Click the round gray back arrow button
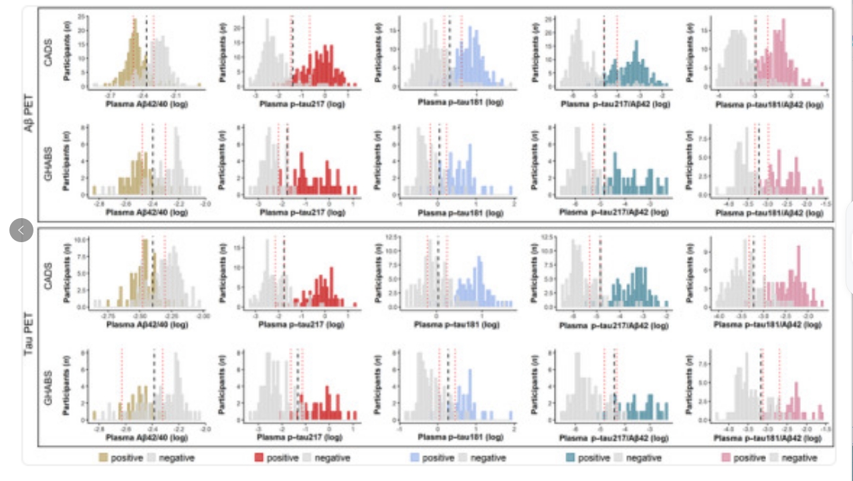[21, 230]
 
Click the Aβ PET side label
[29, 114]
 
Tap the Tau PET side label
[29, 332]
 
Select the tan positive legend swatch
[104, 458]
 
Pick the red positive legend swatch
[260, 458]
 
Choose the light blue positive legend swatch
[415, 458]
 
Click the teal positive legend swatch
[571, 458]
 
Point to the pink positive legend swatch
[726, 458]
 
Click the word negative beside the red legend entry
[332, 458]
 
